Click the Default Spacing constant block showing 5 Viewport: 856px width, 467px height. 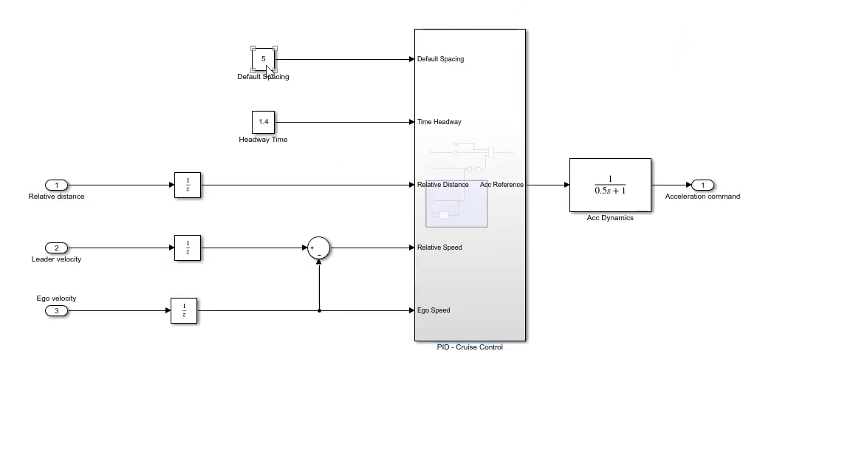pyautogui.click(x=263, y=59)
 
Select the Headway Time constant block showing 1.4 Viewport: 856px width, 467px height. pyautogui.click(x=263, y=122)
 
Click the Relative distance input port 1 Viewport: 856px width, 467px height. pyautogui.click(x=56, y=185)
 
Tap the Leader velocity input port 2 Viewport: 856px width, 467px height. pyautogui.click(x=56, y=248)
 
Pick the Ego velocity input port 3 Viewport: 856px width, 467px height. pyautogui.click(x=56, y=310)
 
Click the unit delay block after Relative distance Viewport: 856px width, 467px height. pyautogui.click(x=188, y=185)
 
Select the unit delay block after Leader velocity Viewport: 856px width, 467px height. pyautogui.click(x=188, y=248)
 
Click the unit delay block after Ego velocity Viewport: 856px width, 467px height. pyautogui.click(x=184, y=310)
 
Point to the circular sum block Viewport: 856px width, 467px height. pyautogui.click(x=318, y=248)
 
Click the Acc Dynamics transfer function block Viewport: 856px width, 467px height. pyautogui.click(x=610, y=185)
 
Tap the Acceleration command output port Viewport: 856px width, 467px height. pyautogui.click(x=702, y=185)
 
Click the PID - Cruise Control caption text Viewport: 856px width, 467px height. pyautogui.click(x=470, y=347)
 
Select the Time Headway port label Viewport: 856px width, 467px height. pyautogui.click(x=439, y=122)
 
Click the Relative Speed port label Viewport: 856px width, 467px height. pyautogui.click(x=439, y=248)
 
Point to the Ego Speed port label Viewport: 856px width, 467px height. pyautogui.click(x=434, y=310)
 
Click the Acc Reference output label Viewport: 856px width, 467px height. pyautogui.click(x=501, y=185)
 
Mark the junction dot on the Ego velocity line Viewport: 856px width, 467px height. pyautogui.click(x=319, y=310)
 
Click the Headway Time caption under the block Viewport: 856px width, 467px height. pyautogui.click(x=263, y=140)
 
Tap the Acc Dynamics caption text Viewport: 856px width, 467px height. pyautogui.click(x=610, y=218)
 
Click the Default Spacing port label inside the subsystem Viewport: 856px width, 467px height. pyautogui.click(x=440, y=59)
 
